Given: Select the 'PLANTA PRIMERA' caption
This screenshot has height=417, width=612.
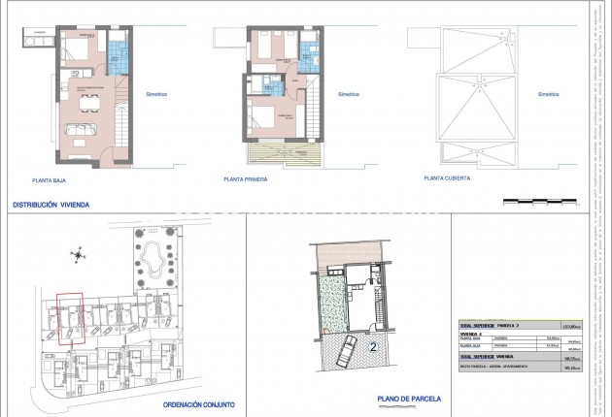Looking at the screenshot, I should (245, 178).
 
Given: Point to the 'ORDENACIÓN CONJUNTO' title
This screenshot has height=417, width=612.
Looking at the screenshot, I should (199, 405).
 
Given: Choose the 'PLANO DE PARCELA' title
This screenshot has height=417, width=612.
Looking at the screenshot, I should (409, 399).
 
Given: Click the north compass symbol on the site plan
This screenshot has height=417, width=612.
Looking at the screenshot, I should (77, 256).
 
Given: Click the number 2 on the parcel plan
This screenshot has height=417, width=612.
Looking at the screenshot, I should (372, 345).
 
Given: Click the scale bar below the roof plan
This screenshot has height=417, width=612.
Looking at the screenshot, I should (543, 202).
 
